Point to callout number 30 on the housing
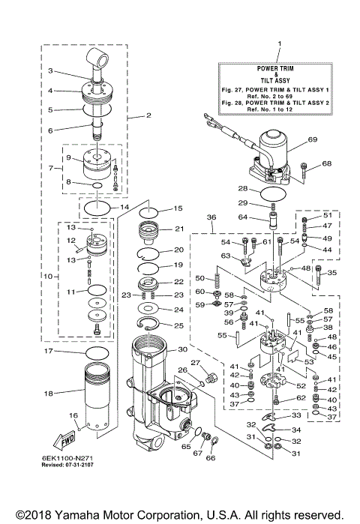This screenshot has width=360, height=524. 181,350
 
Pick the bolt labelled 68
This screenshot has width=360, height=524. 305,170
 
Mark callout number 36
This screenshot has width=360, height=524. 210,217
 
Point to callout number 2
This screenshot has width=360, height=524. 148,115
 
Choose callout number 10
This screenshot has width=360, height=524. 47,277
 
